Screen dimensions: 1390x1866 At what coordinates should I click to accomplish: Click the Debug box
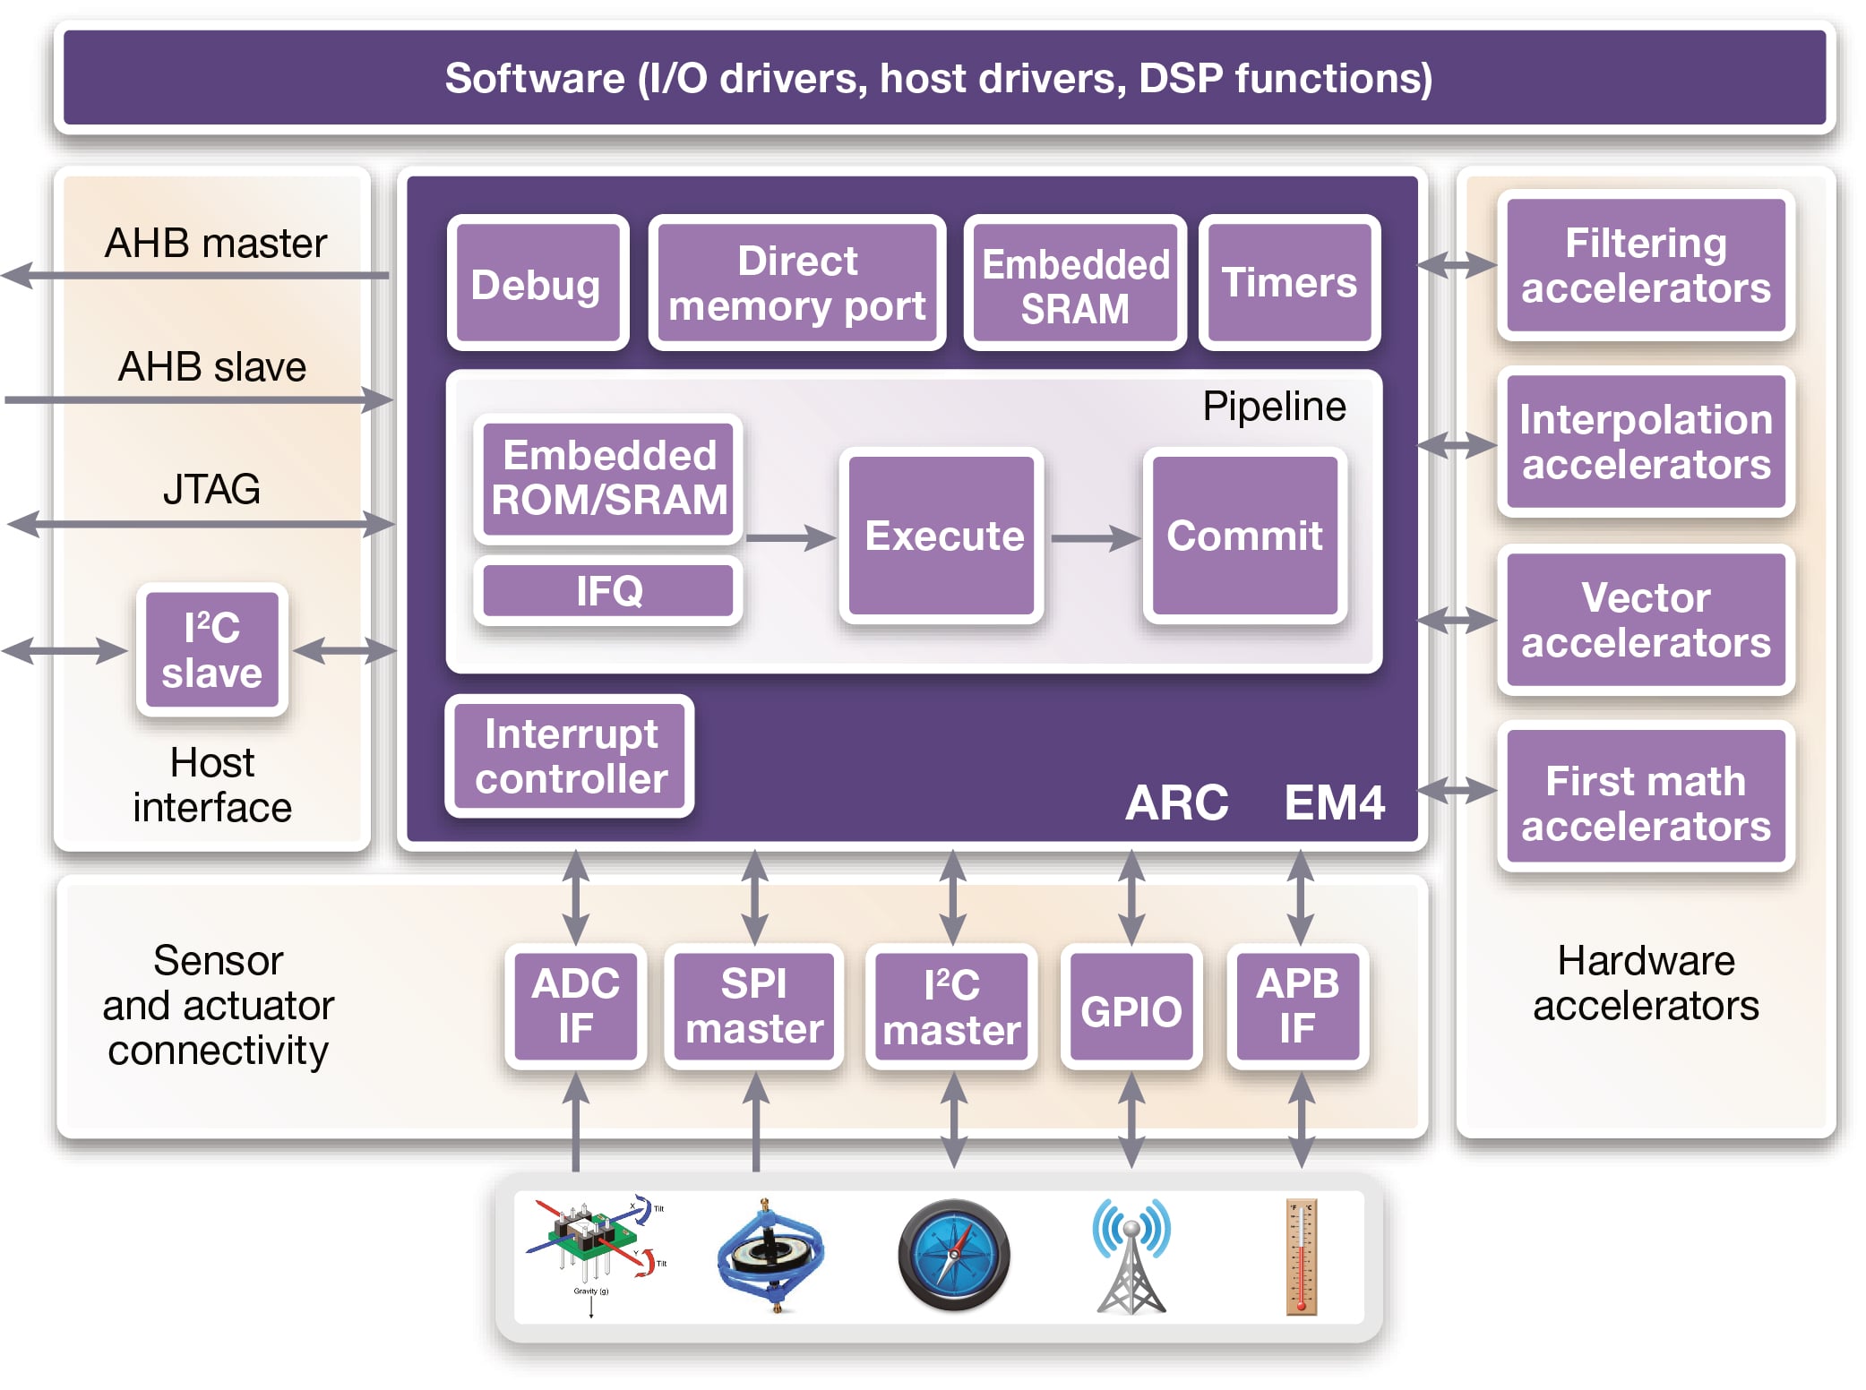pyautogui.click(x=537, y=283)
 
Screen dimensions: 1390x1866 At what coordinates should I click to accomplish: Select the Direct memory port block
pyautogui.click(x=796, y=283)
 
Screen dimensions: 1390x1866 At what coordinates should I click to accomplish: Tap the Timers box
pyautogui.click(x=1289, y=283)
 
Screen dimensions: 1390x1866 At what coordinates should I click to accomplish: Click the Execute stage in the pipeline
pyautogui.click(x=942, y=536)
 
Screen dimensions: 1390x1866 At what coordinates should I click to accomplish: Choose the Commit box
pyautogui.click(x=1244, y=536)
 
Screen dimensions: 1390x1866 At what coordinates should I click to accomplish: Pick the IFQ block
pyautogui.click(x=608, y=591)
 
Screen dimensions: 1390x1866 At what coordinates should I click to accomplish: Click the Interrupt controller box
pyautogui.click(x=571, y=756)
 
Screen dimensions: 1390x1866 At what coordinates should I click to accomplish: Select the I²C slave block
pyautogui.click(x=212, y=650)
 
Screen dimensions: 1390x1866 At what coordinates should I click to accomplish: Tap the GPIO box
pyautogui.click(x=1131, y=1007)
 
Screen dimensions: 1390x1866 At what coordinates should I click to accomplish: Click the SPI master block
pyautogui.click(x=754, y=1007)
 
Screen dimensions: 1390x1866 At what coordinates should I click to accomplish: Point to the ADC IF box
pyautogui.click(x=575, y=1007)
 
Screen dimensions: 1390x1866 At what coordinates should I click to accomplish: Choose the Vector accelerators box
pyautogui.click(x=1646, y=620)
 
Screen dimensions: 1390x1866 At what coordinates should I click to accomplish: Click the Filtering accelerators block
pyautogui.click(x=1646, y=265)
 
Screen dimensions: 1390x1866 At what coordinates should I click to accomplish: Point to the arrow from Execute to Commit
pyautogui.click(x=1093, y=538)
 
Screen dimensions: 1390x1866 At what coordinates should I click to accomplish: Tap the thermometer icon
pyautogui.click(x=1302, y=1257)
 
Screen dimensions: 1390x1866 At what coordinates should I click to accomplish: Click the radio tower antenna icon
pyautogui.click(x=1131, y=1257)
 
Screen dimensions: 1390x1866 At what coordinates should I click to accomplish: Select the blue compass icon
pyautogui.click(x=954, y=1256)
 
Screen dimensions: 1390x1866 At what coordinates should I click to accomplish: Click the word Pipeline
pyautogui.click(x=1273, y=407)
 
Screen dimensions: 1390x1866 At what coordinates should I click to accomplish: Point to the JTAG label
pyautogui.click(x=212, y=489)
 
